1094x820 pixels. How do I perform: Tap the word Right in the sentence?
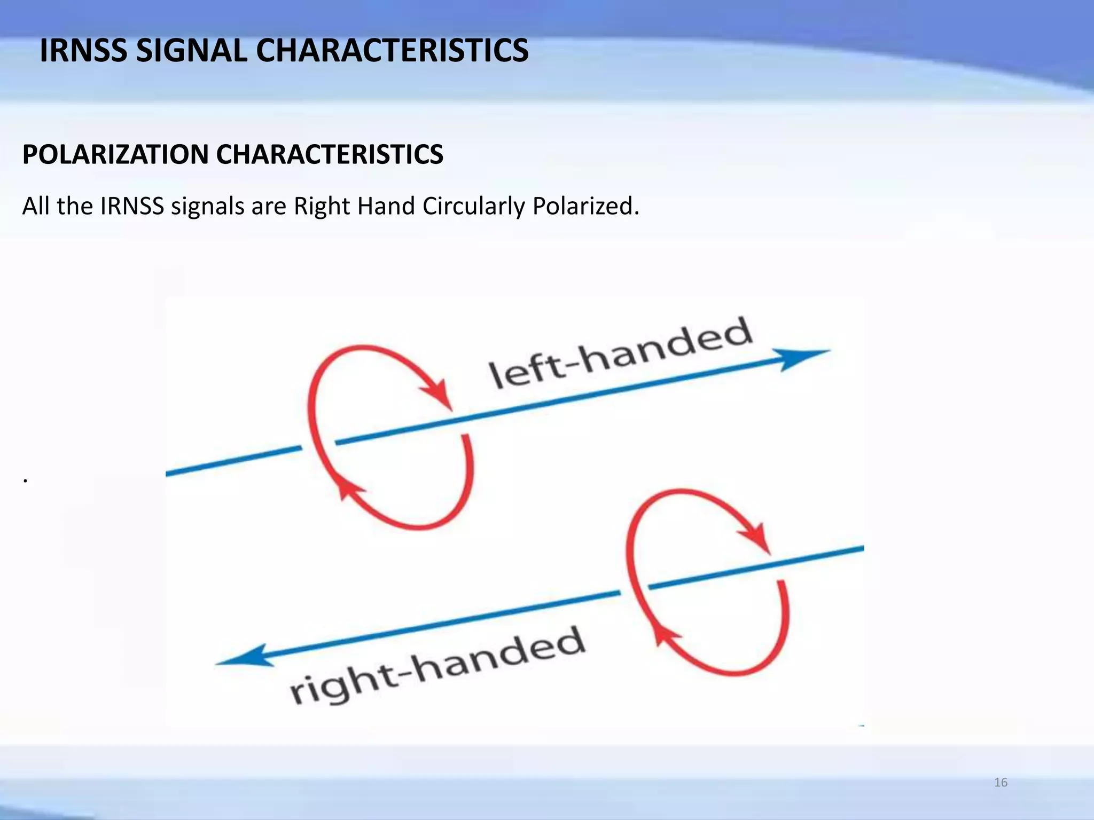[x=322, y=206]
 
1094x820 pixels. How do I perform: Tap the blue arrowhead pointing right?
[x=801, y=357]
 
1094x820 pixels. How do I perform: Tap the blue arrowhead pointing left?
[x=244, y=656]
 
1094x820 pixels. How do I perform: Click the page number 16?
[x=1001, y=783]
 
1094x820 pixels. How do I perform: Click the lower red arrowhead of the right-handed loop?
[x=665, y=635]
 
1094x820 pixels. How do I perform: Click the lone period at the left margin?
[x=25, y=480]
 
